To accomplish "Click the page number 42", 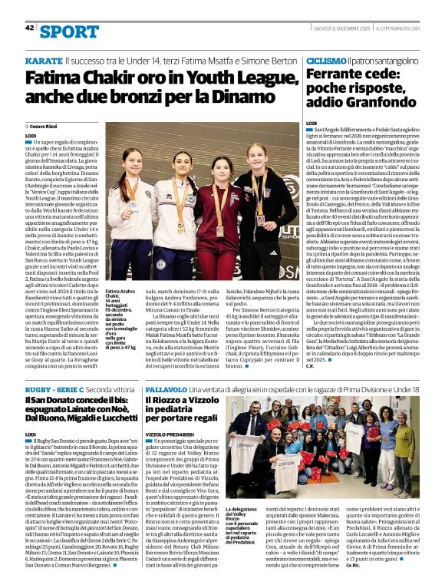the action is pos(30,28).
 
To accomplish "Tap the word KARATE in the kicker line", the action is pos(44,60).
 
